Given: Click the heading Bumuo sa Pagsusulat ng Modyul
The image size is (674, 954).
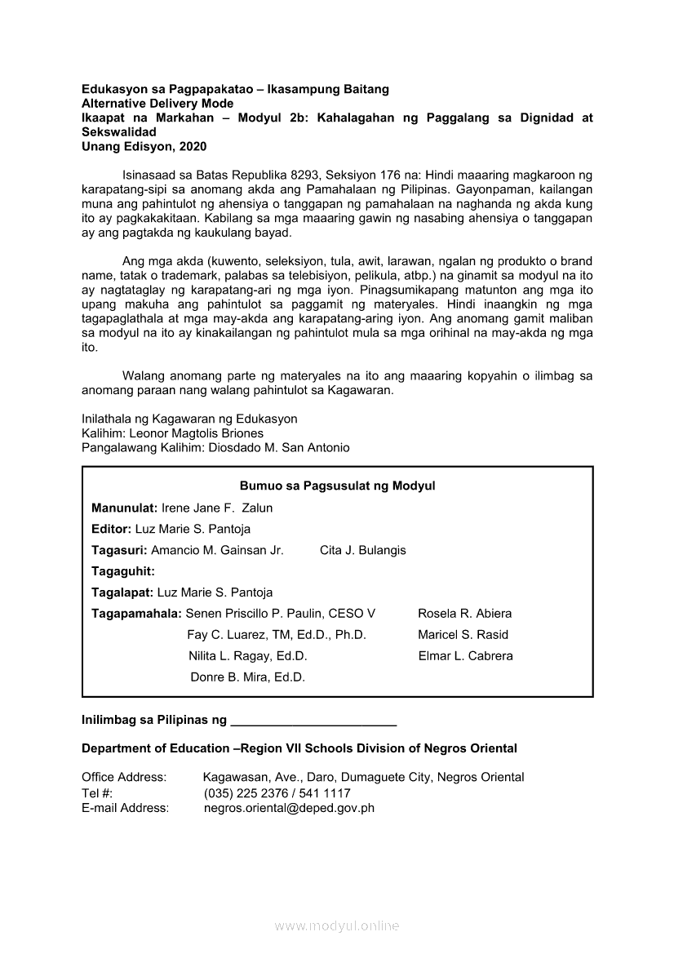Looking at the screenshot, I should pyautogui.click(x=337, y=486).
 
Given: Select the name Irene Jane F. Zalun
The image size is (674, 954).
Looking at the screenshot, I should pyautogui.click(x=217, y=508).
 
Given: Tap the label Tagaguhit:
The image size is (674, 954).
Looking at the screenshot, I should pyautogui.click(x=123, y=571).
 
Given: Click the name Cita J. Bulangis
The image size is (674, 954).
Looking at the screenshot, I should pyautogui.click(x=362, y=550).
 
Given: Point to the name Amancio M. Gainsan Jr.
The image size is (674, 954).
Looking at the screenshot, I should pyautogui.click(x=217, y=550).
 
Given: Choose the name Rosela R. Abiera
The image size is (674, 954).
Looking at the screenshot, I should pyautogui.click(x=464, y=614).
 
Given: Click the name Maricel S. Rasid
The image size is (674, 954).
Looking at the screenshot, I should pyautogui.click(x=463, y=635).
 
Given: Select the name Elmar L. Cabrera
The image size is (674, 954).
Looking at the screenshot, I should pyautogui.click(x=465, y=656).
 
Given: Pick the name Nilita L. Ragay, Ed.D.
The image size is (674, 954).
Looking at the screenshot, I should pyautogui.click(x=247, y=656).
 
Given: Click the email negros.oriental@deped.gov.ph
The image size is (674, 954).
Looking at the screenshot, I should pyautogui.click(x=289, y=809).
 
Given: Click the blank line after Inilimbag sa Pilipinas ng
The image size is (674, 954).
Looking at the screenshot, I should pyautogui.click(x=313, y=721).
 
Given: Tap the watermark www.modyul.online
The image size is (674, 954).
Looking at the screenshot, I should pyautogui.click(x=337, y=926).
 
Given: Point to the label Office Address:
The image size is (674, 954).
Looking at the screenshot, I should pyautogui.click(x=124, y=778).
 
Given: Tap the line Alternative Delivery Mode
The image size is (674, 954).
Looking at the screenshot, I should pyautogui.click(x=157, y=104).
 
